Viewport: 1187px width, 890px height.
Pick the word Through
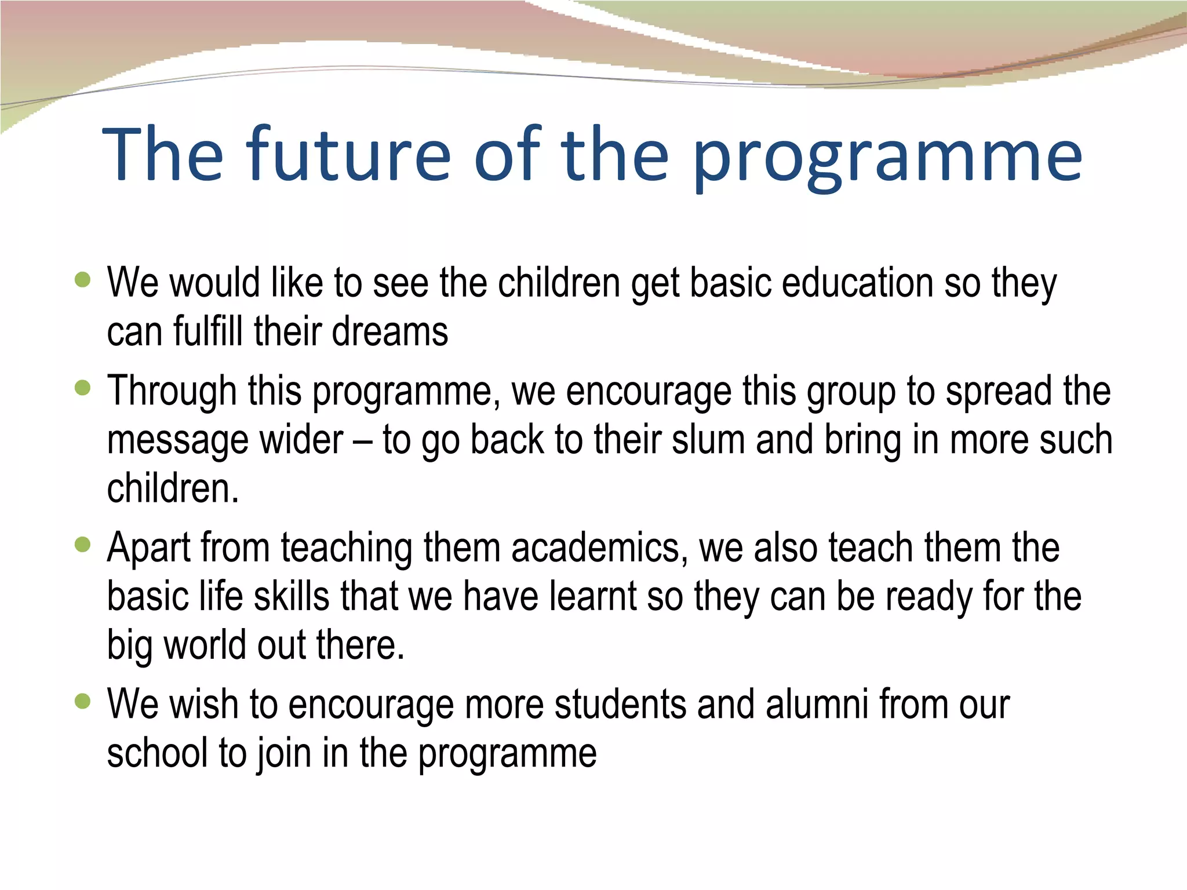(172, 392)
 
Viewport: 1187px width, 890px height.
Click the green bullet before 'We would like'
(83, 280)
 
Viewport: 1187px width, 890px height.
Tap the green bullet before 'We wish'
(83, 702)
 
